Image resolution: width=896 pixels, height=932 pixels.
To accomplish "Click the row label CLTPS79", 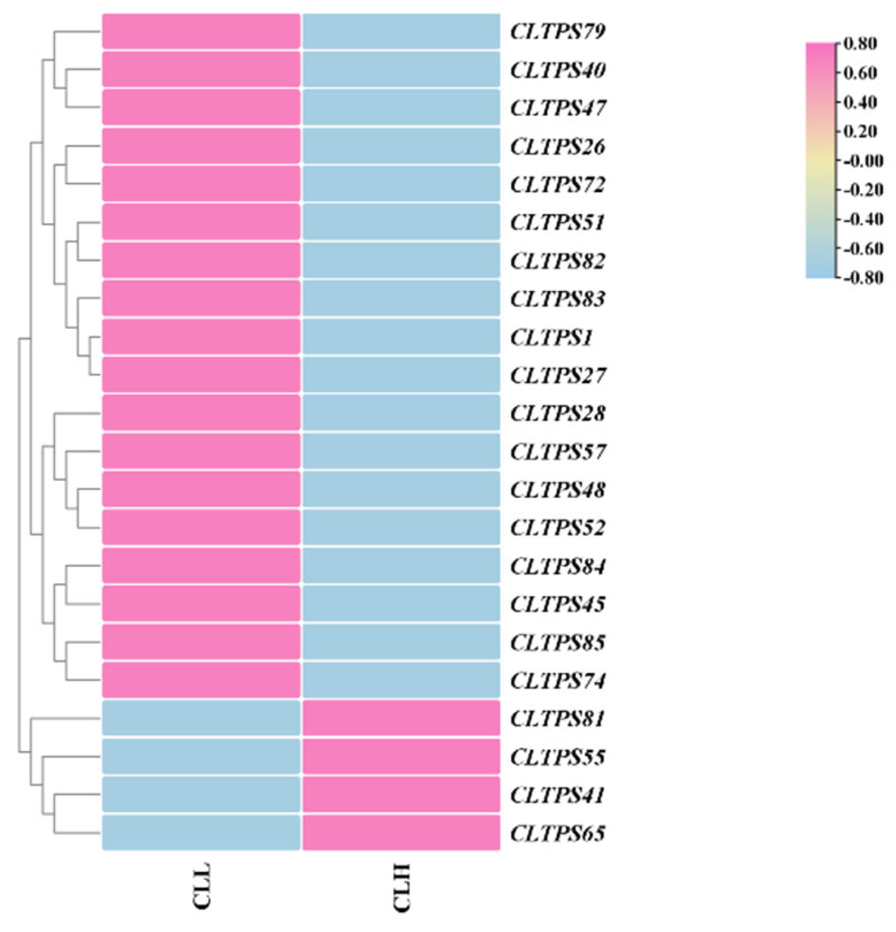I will [x=557, y=31].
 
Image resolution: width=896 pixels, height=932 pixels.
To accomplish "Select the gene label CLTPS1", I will [x=551, y=337].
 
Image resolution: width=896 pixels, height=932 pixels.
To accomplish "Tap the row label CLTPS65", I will [x=557, y=833].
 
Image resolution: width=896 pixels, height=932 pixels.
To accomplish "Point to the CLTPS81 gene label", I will [x=557, y=719].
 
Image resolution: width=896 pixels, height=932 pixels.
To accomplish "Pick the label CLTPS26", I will [x=557, y=146].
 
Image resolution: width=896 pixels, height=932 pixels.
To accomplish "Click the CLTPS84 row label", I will [x=557, y=566].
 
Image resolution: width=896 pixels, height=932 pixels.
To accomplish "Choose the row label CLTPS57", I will [x=557, y=452].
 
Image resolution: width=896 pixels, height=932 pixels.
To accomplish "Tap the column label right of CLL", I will [x=401, y=887].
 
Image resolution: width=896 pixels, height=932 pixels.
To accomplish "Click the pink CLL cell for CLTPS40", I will [x=201, y=70].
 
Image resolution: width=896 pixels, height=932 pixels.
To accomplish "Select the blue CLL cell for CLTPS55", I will [x=201, y=757].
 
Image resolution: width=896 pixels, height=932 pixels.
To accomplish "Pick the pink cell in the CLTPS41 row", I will [x=401, y=795].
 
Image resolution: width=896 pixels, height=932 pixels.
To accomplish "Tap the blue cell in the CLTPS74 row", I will [x=401, y=680].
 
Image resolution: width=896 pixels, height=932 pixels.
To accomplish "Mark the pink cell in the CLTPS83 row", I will [x=201, y=299].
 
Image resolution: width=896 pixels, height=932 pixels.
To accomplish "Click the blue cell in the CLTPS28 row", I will [x=401, y=413].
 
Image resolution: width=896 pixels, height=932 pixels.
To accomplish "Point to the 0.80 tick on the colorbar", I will [x=860, y=43].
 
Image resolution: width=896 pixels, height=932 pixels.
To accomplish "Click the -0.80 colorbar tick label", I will [x=862, y=277].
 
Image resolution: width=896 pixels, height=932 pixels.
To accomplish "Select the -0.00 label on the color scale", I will [x=862, y=161].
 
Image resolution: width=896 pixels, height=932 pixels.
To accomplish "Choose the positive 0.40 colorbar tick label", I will [x=860, y=102].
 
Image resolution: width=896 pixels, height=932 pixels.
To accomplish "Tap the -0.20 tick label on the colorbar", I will [x=862, y=190].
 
